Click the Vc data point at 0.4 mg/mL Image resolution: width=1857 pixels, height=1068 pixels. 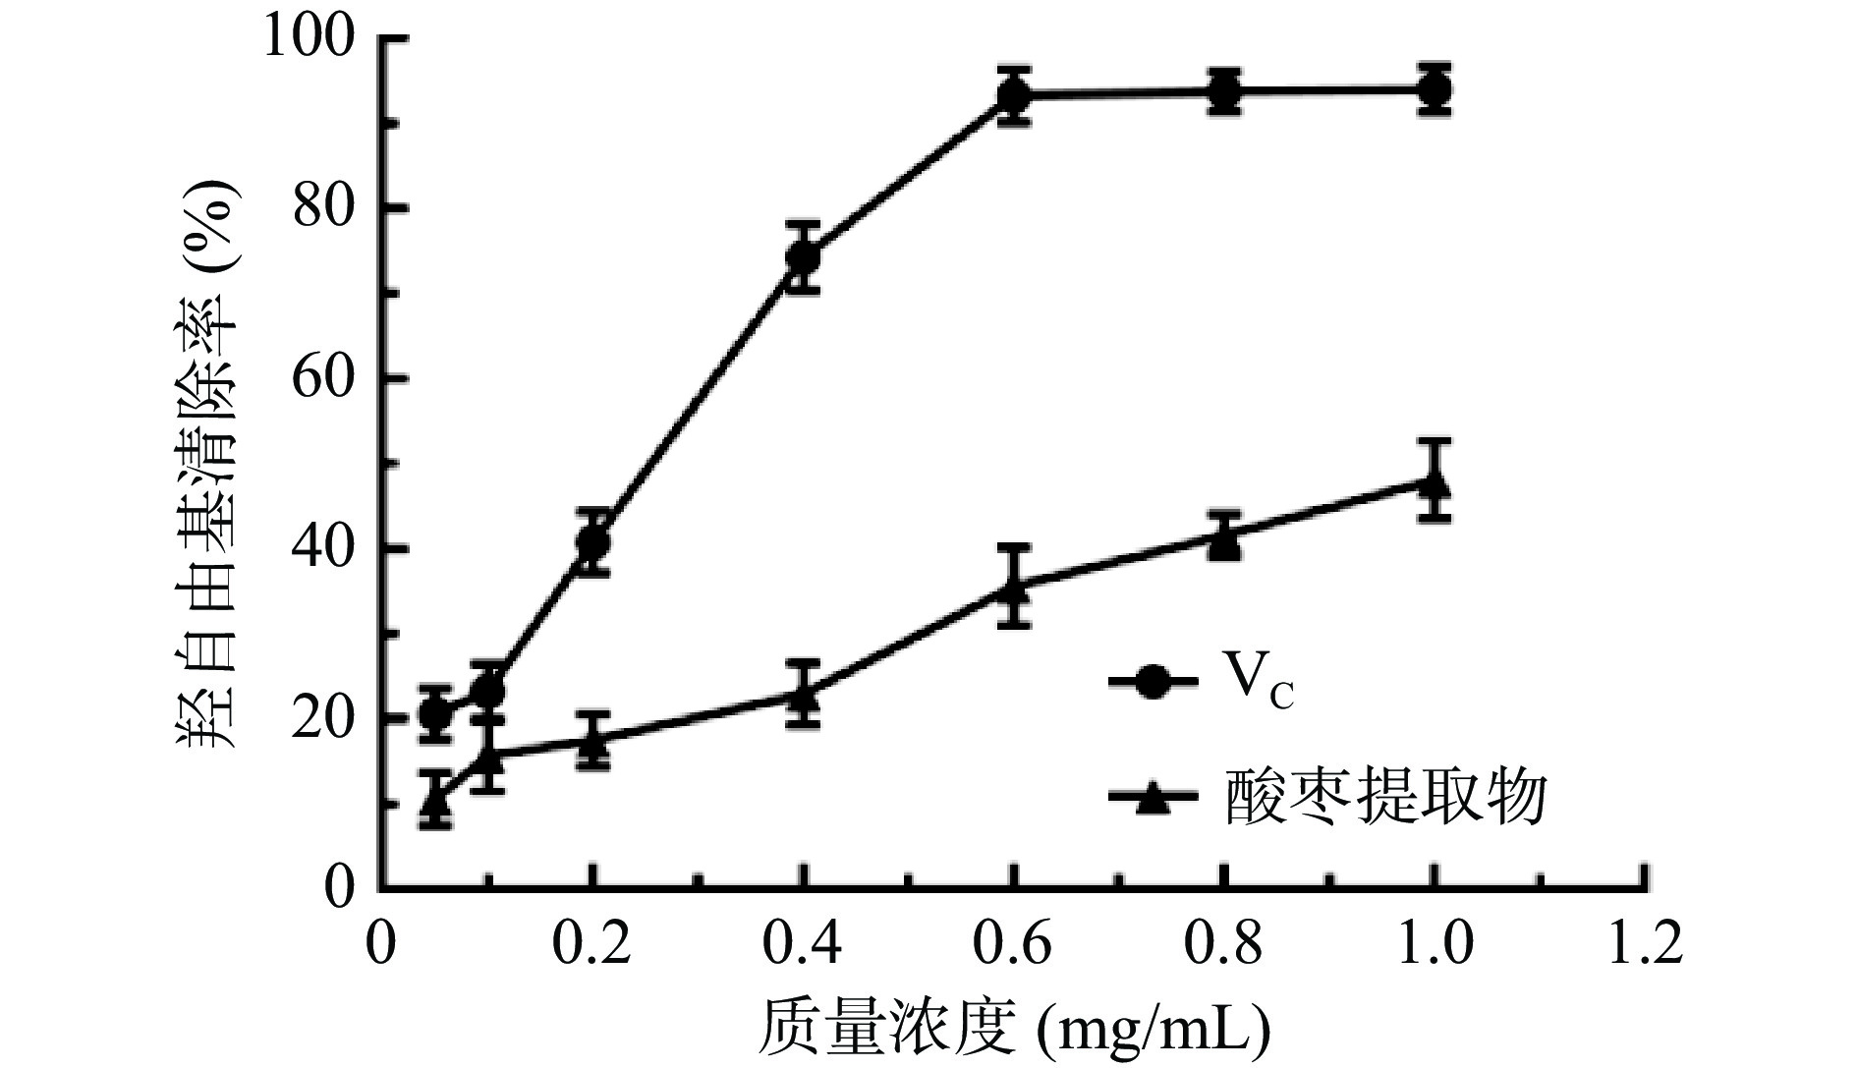pos(803,256)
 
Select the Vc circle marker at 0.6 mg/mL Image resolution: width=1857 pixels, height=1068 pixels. pos(1013,95)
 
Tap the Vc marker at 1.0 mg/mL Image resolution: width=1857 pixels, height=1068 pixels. pos(1435,89)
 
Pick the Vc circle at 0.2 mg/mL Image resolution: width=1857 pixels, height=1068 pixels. pos(592,541)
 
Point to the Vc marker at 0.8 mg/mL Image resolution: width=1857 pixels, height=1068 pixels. pos(1223,91)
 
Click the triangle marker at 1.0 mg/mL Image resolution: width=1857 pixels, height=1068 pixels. pos(1435,483)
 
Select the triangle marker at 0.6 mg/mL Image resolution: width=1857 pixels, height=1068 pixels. pos(1013,588)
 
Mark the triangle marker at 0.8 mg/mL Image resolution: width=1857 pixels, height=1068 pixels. pos(1223,538)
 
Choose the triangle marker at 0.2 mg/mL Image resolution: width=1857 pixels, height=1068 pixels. pos(592,740)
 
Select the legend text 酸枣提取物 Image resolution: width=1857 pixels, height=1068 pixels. pos(1385,796)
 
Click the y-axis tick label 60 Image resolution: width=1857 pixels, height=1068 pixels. pos(323,379)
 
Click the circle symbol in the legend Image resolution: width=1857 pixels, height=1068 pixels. pos(1153,681)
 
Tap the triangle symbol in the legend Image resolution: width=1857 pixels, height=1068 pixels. pos(1153,798)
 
